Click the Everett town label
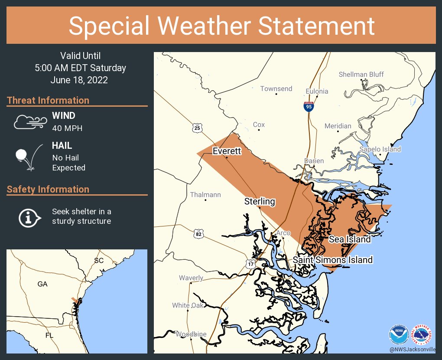[226, 151]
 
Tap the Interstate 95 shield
[308, 106]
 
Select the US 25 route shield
[197, 128]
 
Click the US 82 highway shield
[198, 234]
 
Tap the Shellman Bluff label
[361, 75]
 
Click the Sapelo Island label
[380, 149]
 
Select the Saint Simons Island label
[332, 260]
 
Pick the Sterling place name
[260, 201]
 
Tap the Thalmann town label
[205, 195]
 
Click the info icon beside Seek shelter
[29, 217]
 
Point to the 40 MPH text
[67, 128]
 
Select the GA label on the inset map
[42, 284]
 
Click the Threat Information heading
[48, 100]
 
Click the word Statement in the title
[317, 26]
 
